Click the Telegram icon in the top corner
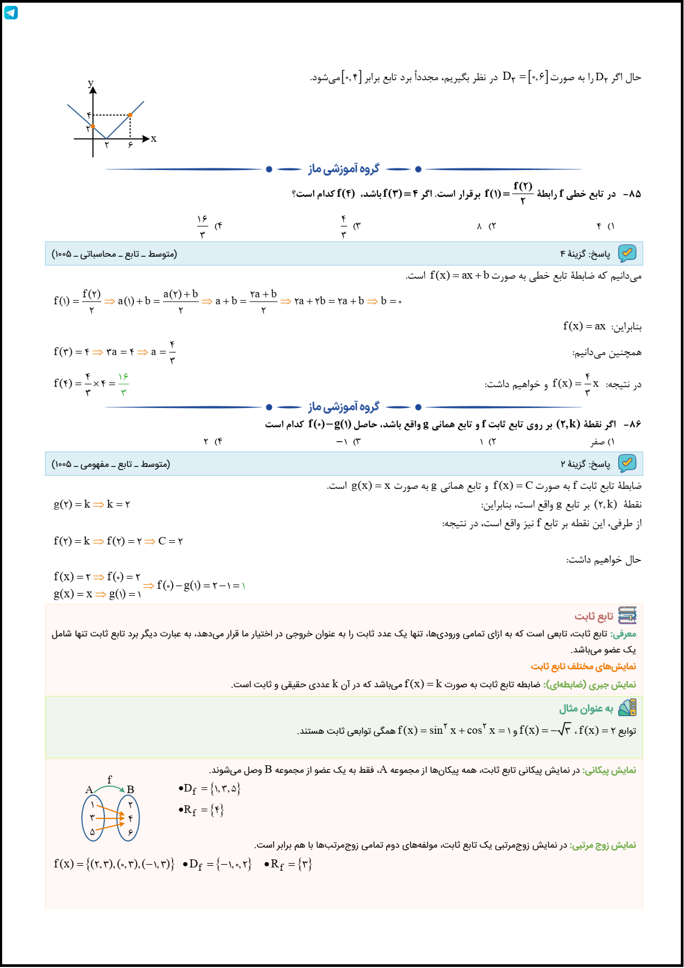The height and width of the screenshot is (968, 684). coord(11,12)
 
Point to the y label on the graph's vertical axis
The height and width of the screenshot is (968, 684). coord(90,83)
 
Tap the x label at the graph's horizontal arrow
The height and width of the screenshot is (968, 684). coord(153,139)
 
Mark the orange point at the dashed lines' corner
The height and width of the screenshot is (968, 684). coord(130,115)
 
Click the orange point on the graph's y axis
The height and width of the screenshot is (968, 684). coord(93,126)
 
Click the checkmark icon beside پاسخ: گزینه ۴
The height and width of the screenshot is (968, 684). coord(627,253)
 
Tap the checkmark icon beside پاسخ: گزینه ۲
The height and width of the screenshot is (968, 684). coord(627,464)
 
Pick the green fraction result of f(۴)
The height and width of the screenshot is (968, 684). coord(124,384)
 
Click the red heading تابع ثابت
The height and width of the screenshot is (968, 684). coord(594,616)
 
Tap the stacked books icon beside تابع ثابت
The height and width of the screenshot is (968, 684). coord(627,616)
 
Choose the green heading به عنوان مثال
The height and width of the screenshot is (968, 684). coord(586,709)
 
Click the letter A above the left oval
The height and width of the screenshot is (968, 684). coord(89,789)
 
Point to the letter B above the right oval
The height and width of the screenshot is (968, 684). coord(130,789)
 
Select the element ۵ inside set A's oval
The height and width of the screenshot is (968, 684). coord(92,832)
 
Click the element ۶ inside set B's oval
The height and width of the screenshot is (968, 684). coord(130,832)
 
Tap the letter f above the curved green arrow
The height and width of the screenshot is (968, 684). coord(110,780)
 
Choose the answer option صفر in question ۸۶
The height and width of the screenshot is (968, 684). coord(597,442)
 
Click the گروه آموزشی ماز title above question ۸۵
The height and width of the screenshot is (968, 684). coord(343,169)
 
